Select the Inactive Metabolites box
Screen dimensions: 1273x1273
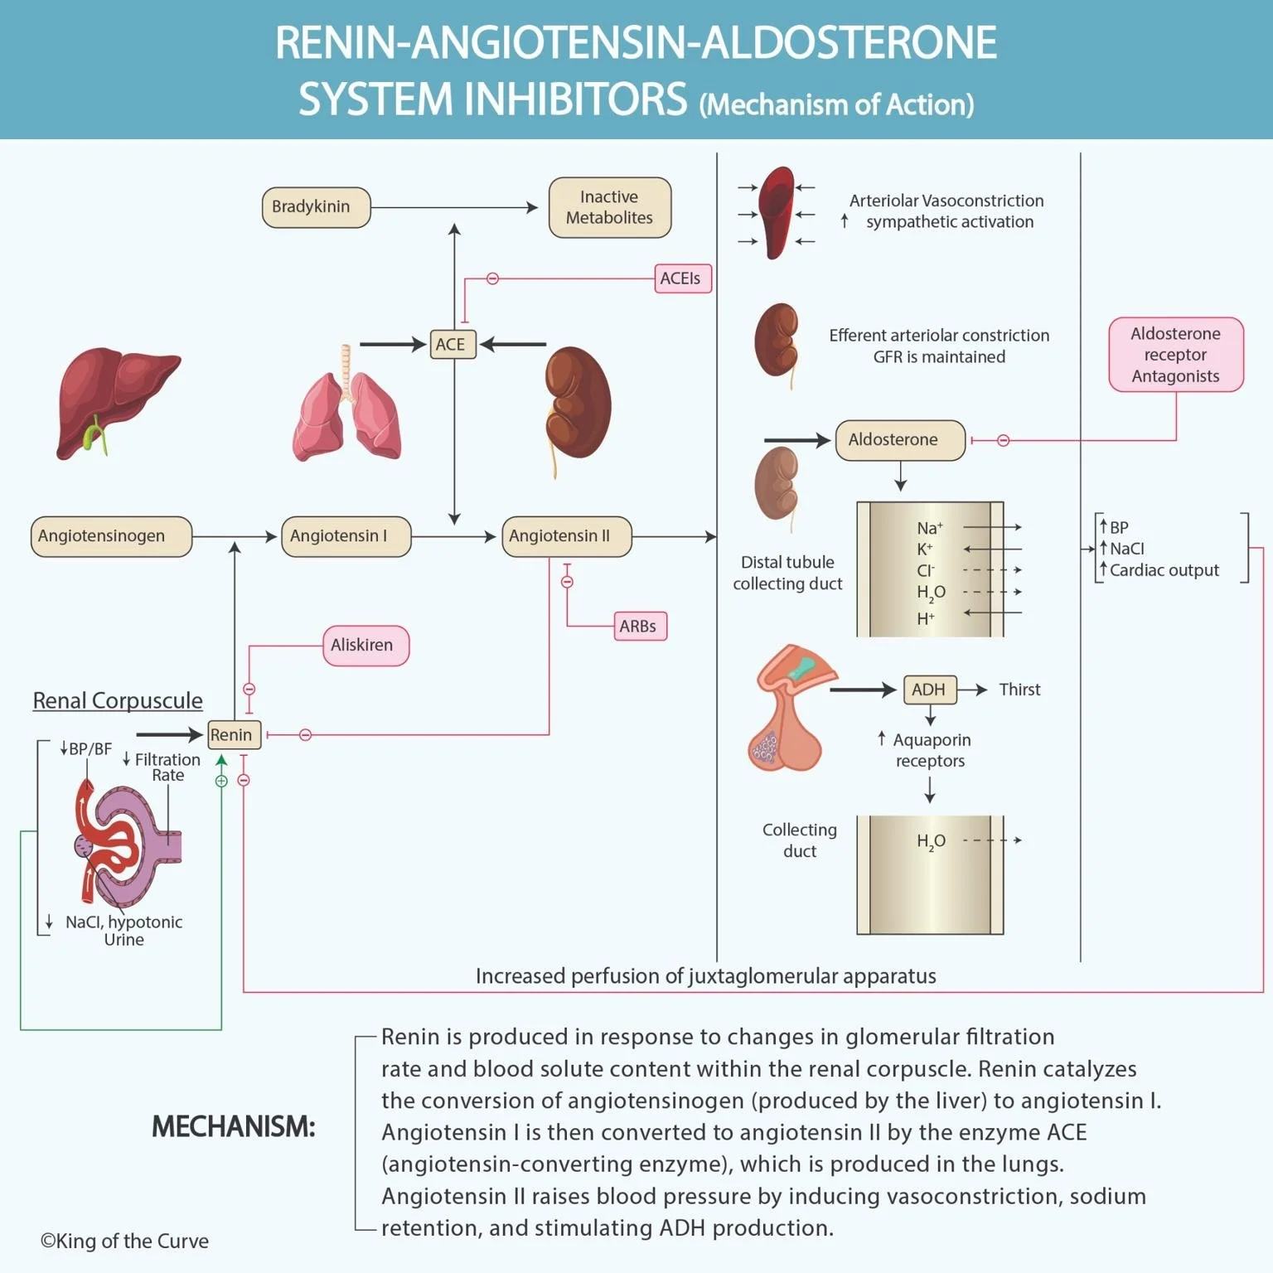609,207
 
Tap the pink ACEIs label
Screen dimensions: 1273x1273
682,278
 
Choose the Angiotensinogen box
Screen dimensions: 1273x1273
111,536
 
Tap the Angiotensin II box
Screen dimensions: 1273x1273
566,536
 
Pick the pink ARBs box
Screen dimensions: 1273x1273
639,627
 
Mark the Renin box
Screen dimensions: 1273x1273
233,734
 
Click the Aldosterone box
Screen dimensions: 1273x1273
899,440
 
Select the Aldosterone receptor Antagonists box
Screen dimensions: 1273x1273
1175,355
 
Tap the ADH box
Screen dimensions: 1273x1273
929,690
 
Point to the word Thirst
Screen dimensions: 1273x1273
1019,690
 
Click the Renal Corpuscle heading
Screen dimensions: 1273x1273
118,701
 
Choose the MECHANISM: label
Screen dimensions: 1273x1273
233,1127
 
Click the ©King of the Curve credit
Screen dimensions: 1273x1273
124,1241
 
